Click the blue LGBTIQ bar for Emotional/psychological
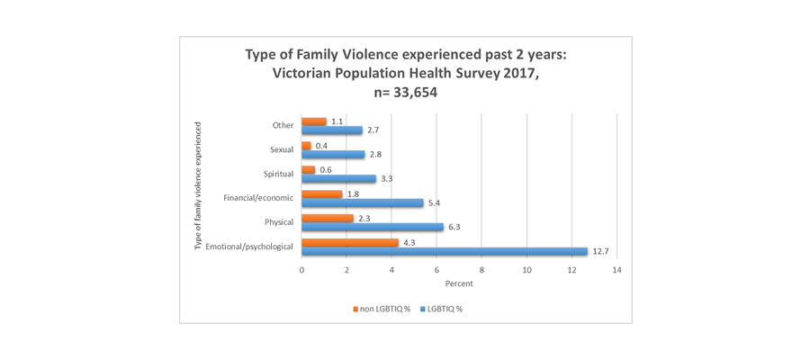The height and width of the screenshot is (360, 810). point(445,251)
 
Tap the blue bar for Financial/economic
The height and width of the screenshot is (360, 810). point(363,202)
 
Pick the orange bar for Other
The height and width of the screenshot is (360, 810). point(314,121)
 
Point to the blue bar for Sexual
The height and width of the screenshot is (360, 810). point(333,154)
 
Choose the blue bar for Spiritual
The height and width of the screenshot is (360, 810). point(338,178)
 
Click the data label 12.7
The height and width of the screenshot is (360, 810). point(604,251)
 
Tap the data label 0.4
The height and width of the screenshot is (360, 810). point(322,145)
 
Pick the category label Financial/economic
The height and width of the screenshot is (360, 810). point(258,197)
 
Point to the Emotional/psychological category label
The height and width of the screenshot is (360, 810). point(249,247)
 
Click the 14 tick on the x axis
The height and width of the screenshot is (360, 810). point(616,269)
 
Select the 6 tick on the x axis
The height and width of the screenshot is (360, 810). point(436,269)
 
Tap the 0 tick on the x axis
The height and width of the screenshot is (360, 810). point(301,269)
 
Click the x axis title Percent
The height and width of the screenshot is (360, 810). point(459,284)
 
